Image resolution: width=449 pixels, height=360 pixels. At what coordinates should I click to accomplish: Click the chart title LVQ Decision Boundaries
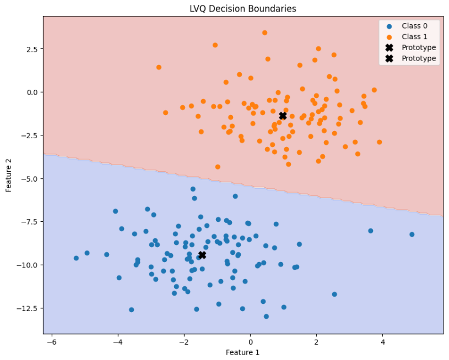(x=243, y=9)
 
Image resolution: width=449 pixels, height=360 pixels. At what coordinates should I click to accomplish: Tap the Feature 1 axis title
(x=243, y=352)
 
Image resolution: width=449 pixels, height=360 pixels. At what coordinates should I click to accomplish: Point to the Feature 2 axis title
(x=9, y=174)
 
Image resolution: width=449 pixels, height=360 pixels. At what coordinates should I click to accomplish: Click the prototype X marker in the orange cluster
(x=283, y=116)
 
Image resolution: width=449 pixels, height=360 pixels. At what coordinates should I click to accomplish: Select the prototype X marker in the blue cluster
(x=202, y=255)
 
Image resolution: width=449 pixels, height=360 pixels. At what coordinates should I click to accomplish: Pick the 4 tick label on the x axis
(x=382, y=341)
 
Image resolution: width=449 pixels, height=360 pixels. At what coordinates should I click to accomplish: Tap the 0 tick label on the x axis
(x=250, y=341)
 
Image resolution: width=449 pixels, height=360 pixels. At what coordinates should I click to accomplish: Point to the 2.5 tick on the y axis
(x=30, y=49)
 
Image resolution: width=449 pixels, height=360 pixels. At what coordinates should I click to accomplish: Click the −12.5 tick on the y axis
(x=26, y=308)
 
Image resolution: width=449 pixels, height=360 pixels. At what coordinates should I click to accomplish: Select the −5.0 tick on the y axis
(x=28, y=178)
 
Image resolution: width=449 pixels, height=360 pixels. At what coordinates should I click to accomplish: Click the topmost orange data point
(x=264, y=33)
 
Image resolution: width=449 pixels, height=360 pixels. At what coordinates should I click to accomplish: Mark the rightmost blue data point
(x=412, y=234)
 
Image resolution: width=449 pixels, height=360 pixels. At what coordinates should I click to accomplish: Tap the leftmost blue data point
(x=76, y=258)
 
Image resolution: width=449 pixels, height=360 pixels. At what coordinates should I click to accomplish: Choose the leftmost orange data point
(x=159, y=67)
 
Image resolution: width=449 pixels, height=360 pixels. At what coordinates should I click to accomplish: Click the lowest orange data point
(x=218, y=167)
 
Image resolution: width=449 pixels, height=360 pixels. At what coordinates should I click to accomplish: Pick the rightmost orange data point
(x=379, y=142)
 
